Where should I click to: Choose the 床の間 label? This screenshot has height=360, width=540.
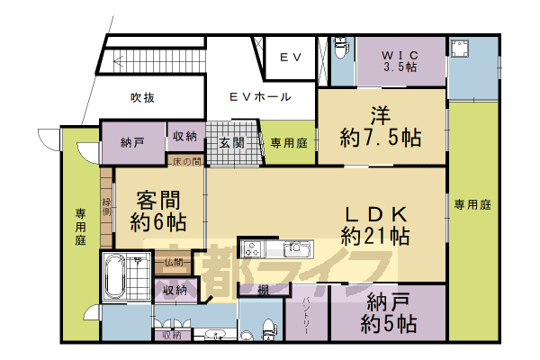click(x=186, y=160)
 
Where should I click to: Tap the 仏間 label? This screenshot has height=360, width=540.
click(x=174, y=263)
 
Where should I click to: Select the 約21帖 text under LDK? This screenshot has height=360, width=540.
click(x=375, y=237)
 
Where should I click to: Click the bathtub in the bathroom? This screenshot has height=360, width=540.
click(x=115, y=276)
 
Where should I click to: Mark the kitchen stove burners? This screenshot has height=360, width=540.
click(x=251, y=249)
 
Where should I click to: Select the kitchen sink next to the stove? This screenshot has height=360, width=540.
click(x=295, y=248)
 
